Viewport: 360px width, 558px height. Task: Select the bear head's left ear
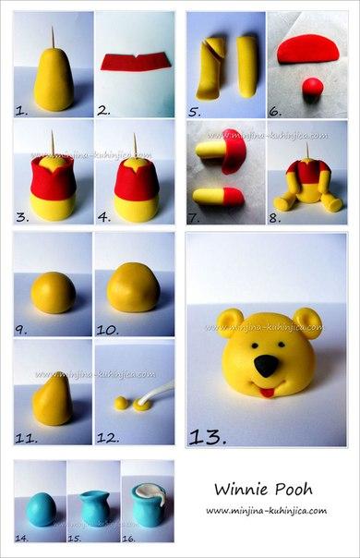227,322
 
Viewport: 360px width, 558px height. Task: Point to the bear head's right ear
309,323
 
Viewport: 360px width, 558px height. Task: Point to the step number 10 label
108,328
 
